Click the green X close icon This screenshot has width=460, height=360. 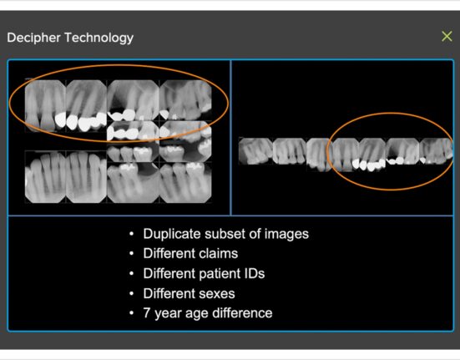(447, 37)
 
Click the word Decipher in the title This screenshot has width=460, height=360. (33, 38)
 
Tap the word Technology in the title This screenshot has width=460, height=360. (99, 38)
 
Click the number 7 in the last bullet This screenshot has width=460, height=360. (147, 313)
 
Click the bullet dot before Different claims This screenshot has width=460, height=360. (131, 253)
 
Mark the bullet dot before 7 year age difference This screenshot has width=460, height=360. (131, 313)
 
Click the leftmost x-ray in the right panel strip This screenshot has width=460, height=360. (255, 151)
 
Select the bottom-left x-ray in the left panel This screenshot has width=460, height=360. (45, 177)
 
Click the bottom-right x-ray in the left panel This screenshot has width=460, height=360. (185, 182)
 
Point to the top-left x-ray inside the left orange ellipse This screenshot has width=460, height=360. (45, 105)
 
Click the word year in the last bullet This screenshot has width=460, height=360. (168, 314)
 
